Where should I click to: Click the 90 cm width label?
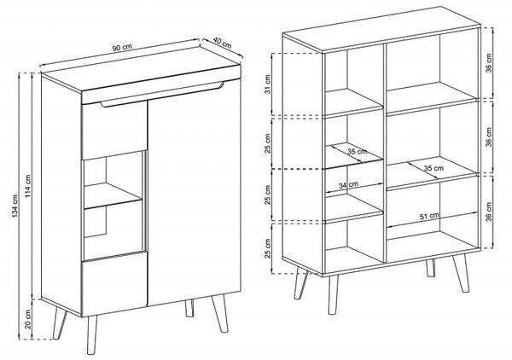point(122,47)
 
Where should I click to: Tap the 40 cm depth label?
point(223,43)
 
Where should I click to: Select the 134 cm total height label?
point(15,206)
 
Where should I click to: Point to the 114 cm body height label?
point(28,186)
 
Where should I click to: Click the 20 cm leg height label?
point(28,319)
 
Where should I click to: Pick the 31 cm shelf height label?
point(268,84)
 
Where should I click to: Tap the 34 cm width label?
point(348,185)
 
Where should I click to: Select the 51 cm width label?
point(429,216)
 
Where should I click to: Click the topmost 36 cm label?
point(488,63)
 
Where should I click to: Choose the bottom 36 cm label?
point(488,212)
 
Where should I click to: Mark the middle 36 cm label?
point(488,137)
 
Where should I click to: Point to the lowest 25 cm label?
point(268,248)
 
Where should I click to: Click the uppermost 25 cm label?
point(268,143)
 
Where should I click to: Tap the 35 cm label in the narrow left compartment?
point(357,152)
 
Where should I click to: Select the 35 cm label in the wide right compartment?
point(433,168)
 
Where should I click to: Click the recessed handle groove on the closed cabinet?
point(162,95)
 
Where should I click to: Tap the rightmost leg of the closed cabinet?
point(220,314)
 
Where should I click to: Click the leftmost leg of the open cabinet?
point(300,283)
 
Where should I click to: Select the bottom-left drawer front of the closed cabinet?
point(113,284)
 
